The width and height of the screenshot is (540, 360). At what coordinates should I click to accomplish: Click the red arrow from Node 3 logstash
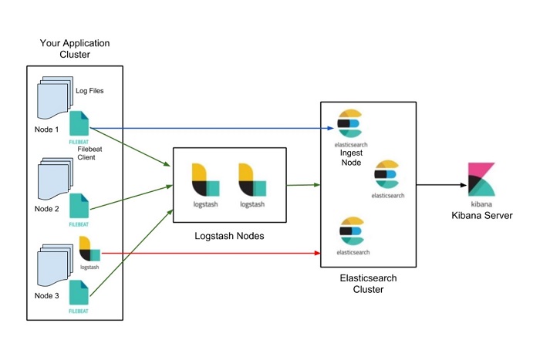click(208, 252)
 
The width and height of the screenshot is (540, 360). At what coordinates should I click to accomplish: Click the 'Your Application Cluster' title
click(74, 49)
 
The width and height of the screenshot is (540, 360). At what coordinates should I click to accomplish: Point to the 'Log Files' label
click(89, 91)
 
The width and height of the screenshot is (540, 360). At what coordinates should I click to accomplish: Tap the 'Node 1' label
click(46, 129)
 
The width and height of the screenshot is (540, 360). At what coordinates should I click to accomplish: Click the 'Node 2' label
click(46, 209)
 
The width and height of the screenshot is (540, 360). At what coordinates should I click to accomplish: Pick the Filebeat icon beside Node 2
click(79, 206)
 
